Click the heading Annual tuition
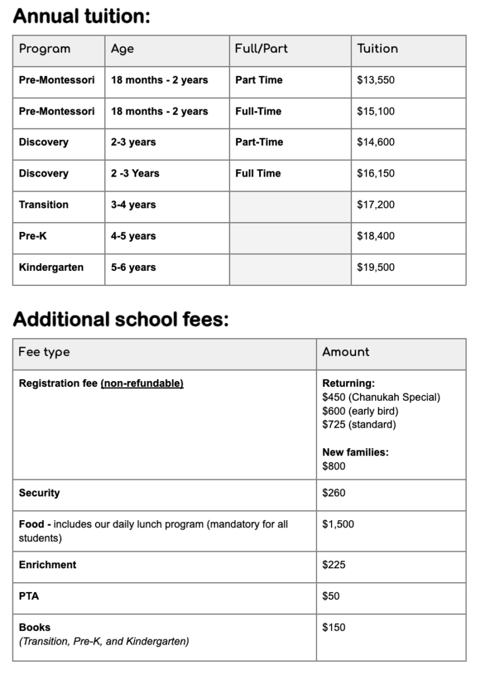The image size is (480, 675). click(x=82, y=16)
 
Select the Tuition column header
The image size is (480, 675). click(x=377, y=49)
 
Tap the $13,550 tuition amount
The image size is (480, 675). click(x=375, y=80)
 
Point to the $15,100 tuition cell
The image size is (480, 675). click(x=375, y=111)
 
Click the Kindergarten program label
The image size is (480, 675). click(x=51, y=268)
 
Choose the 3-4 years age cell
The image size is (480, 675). click(x=133, y=205)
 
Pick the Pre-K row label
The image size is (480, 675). click(x=32, y=236)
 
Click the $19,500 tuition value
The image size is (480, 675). click(x=375, y=268)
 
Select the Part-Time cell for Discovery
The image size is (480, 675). click(x=259, y=142)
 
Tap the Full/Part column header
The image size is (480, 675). click(x=261, y=49)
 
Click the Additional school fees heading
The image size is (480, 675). click(x=121, y=320)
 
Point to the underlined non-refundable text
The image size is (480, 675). click(x=142, y=384)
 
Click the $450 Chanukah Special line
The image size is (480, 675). click(x=380, y=397)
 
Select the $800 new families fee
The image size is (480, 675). click(x=334, y=466)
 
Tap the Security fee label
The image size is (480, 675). click(x=39, y=493)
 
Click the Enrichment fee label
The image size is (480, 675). click(x=47, y=565)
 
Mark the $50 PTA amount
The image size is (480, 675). click(x=330, y=597)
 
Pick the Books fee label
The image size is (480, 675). click(x=34, y=628)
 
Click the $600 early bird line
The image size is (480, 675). click(x=360, y=411)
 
